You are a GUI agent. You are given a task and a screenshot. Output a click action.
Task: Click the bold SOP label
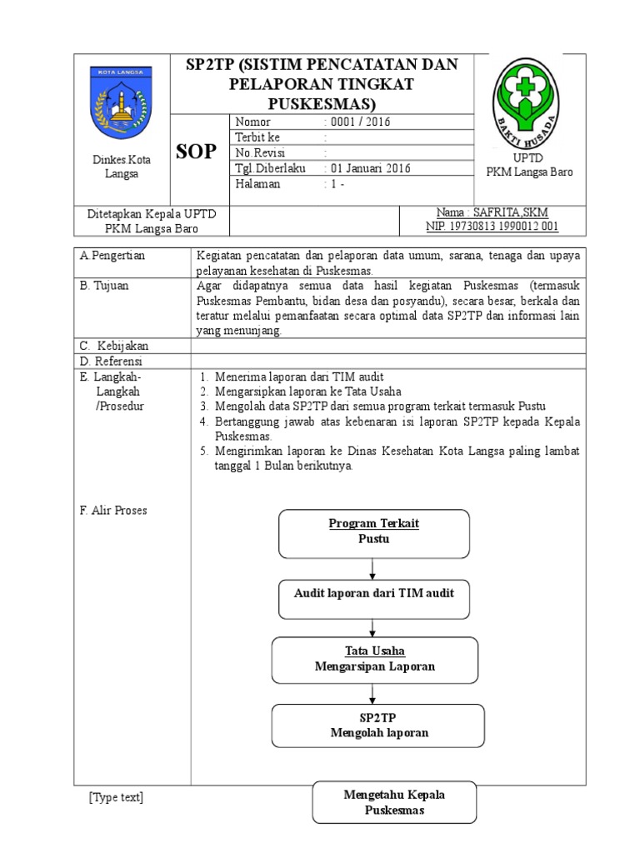point(197,152)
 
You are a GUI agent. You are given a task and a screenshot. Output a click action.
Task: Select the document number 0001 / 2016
point(357,122)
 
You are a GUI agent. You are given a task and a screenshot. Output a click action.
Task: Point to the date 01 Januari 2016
point(367,168)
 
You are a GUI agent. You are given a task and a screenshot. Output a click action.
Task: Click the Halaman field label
point(257,184)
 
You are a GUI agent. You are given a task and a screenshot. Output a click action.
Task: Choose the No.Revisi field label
point(261,153)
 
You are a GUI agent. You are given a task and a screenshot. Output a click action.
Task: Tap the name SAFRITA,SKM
point(492,212)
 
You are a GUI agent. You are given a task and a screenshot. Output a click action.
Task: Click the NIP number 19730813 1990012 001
point(492,226)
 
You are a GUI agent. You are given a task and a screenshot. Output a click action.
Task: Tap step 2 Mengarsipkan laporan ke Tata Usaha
point(307,391)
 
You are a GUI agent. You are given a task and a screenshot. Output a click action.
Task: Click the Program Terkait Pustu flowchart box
point(372,533)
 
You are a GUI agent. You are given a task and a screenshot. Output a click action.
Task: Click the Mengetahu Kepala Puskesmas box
point(394,802)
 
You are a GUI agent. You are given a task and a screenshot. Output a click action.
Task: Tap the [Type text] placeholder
point(116,798)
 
